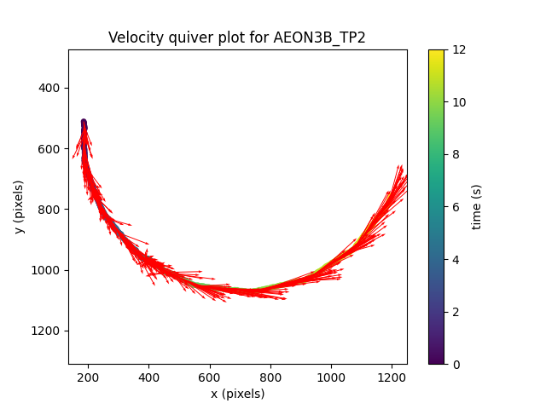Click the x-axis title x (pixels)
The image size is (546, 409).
click(x=237, y=394)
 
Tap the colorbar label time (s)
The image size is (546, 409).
click(x=477, y=207)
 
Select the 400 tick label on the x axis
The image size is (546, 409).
click(x=148, y=376)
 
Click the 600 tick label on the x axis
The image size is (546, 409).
click(x=210, y=376)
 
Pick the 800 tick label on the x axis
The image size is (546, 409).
click(x=270, y=376)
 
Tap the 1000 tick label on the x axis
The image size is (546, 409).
click(x=331, y=376)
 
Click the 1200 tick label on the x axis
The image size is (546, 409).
click(x=392, y=376)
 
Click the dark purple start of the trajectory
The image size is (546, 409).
click(x=84, y=124)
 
